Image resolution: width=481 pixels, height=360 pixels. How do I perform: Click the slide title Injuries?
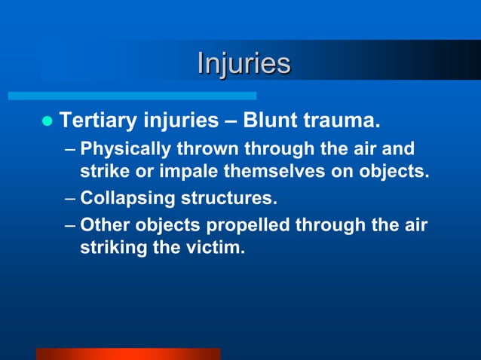click(x=244, y=63)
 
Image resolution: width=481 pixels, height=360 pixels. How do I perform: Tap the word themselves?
click(x=273, y=171)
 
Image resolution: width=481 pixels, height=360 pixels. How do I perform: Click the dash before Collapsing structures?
click(x=69, y=200)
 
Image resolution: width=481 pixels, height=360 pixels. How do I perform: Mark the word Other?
click(x=103, y=224)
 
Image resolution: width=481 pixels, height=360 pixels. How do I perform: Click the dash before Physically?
click(x=69, y=148)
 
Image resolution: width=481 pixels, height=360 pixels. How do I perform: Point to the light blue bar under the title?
click(x=132, y=96)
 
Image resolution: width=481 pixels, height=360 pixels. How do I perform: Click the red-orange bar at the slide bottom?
click(x=128, y=353)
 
